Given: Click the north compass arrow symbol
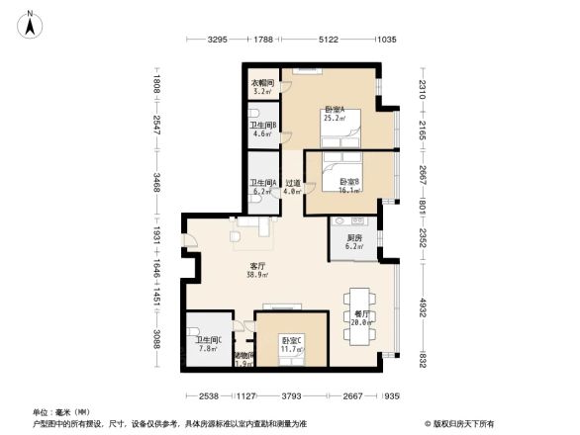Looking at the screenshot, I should tap(32, 25).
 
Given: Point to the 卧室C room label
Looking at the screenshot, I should tap(289, 343).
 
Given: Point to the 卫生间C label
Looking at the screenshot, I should tap(207, 344).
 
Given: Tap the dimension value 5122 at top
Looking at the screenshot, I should tap(329, 40).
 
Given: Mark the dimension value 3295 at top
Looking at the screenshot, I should tap(218, 40).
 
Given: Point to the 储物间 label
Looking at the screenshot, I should tap(243, 359).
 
